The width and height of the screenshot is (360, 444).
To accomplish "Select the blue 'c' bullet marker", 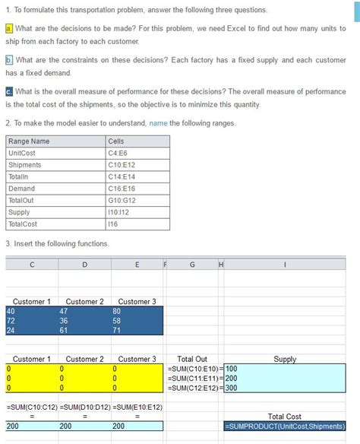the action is pyautogui.click(x=8, y=91).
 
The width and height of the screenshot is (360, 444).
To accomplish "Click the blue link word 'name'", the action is pyautogui.click(x=158, y=123).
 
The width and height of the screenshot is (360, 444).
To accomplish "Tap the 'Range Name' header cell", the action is pyautogui.click(x=29, y=141).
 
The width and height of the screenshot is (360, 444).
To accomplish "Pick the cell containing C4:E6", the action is pyautogui.click(x=118, y=153).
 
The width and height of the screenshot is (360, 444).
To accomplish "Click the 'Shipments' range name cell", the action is pyautogui.click(x=25, y=165).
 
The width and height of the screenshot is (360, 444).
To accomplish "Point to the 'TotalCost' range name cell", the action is pyautogui.click(x=22, y=224).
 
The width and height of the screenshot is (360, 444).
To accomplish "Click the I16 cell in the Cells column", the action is pyautogui.click(x=113, y=224).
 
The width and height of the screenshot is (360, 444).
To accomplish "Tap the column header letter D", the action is pyautogui.click(x=84, y=265).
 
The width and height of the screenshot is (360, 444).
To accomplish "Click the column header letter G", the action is pyautogui.click(x=191, y=265).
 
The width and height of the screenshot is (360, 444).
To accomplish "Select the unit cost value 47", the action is pyautogui.click(x=64, y=311).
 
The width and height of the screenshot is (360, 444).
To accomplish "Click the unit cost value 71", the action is pyautogui.click(x=117, y=331).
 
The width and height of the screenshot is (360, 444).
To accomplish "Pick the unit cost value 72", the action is pyautogui.click(x=11, y=321).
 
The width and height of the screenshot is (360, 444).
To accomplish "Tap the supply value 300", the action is pyautogui.click(x=232, y=388).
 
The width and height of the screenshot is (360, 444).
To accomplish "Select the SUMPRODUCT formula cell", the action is pyautogui.click(x=285, y=427).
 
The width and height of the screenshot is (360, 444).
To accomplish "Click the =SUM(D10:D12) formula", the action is pyautogui.click(x=84, y=408).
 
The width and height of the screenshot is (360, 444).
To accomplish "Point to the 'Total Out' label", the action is pyautogui.click(x=191, y=359).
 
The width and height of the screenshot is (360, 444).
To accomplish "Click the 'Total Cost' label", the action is pyautogui.click(x=285, y=417).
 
